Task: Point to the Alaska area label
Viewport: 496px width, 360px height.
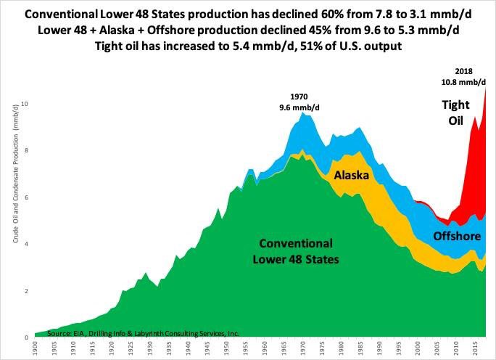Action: coord(352,176)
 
